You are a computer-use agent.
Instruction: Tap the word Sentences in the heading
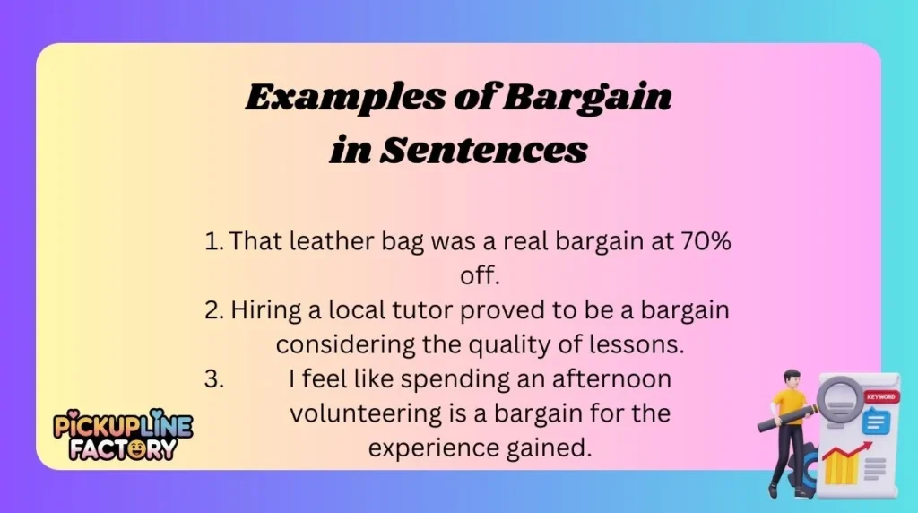[x=484, y=151]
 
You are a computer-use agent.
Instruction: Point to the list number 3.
[x=213, y=379]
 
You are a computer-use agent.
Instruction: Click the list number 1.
[x=213, y=242]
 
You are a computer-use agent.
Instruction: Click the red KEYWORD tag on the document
[x=879, y=396]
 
